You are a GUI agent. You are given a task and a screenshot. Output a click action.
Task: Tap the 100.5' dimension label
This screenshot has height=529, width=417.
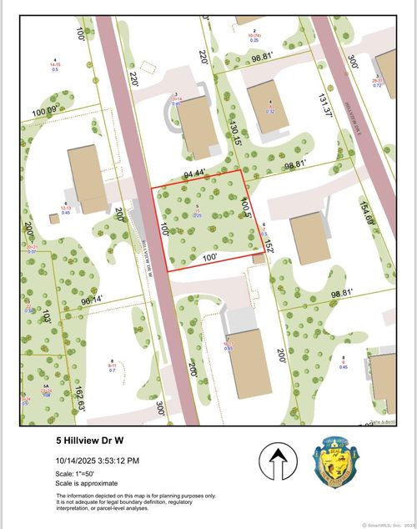click(245, 206)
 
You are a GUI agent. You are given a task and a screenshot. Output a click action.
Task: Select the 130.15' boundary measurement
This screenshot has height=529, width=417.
click(237, 132)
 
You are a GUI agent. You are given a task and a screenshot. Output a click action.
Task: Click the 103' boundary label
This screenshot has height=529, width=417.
click(47, 317)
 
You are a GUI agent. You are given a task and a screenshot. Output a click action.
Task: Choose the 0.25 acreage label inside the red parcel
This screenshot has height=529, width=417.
click(198, 214)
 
